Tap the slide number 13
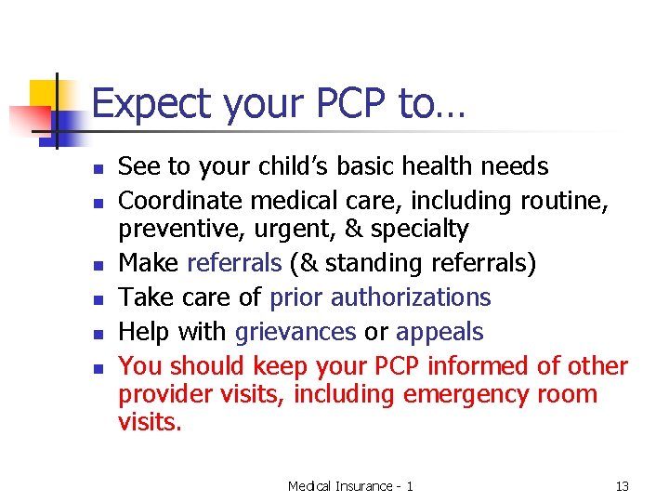(x=622, y=486)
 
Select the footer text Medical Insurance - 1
(x=350, y=486)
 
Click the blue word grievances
(x=295, y=332)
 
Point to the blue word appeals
(x=439, y=332)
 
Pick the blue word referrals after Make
(x=233, y=264)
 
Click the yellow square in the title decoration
(x=45, y=94)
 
